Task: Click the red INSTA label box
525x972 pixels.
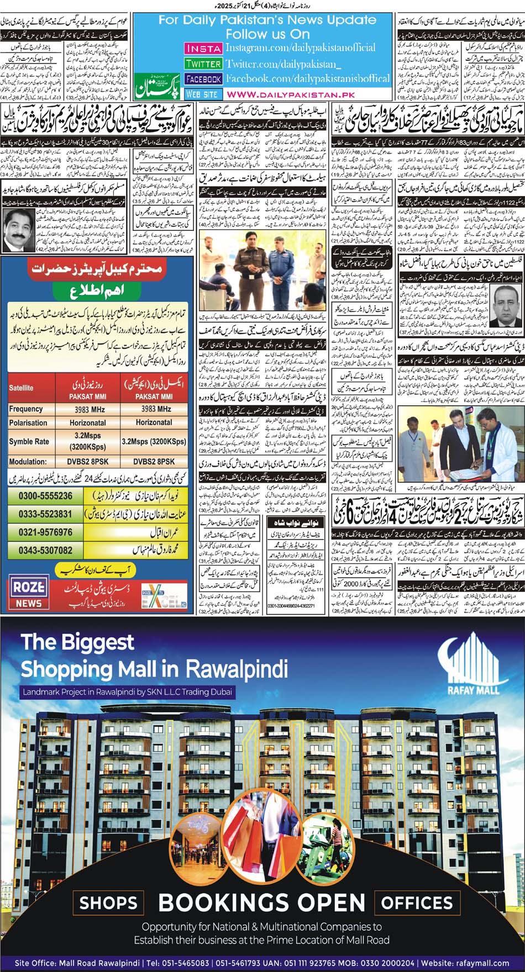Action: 203,48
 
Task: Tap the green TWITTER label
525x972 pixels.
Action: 203,64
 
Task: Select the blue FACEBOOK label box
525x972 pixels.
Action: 203,79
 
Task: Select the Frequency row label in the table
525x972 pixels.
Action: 26,409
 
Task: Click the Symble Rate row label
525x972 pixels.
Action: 29,442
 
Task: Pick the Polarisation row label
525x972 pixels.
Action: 28,423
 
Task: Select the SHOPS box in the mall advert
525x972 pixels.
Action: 108,903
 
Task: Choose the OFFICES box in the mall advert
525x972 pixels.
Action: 417,903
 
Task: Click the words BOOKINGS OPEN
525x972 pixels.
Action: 262,903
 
